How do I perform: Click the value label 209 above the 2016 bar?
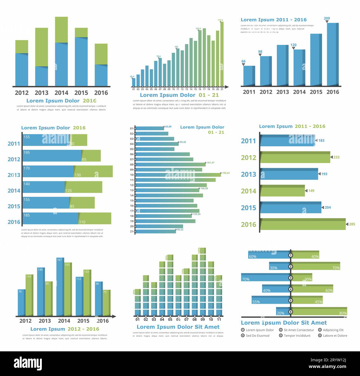327,19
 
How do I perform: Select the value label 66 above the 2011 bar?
243,61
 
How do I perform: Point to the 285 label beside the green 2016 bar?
352,224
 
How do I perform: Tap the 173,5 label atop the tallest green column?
220,20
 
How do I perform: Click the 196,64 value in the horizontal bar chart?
226,173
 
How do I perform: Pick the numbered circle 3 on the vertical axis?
290,278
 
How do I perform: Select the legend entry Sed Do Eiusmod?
257,336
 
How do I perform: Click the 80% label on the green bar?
343,313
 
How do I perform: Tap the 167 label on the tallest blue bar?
59,260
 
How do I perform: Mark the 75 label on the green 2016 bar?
105,292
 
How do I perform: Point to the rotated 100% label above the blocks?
199,250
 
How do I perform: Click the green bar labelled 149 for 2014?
282,191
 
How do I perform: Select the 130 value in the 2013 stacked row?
78,175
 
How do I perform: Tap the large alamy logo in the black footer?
28,363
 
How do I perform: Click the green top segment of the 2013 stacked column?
42,47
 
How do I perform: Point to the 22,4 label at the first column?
132,76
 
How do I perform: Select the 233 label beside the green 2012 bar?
336,157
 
